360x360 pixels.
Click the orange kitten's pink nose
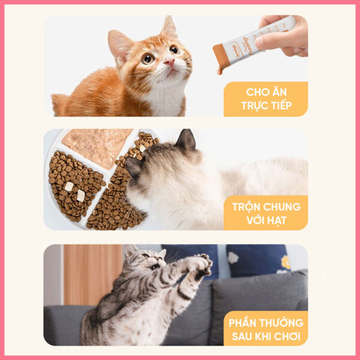[169, 61]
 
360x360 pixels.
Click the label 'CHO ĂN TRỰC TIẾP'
[266, 99]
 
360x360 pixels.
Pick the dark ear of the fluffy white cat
[186, 139]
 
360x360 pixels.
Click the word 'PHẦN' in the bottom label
[243, 323]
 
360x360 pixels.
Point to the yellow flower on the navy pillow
[286, 262]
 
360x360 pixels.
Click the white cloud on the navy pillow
[233, 257]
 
